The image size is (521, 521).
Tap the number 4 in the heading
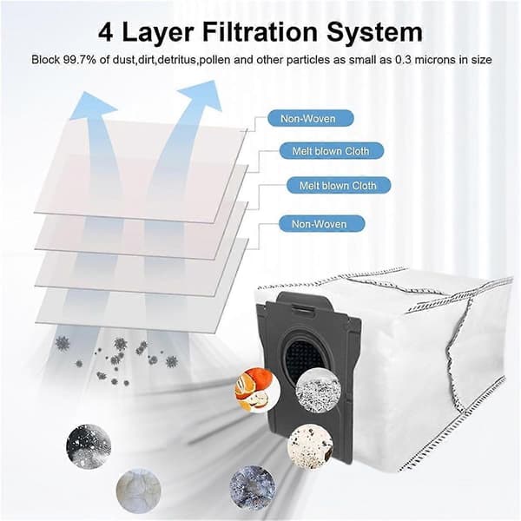pyautogui.click(x=106, y=32)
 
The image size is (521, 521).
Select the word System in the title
pyautogui.click(x=374, y=32)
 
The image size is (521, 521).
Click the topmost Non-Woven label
pyautogui.click(x=311, y=118)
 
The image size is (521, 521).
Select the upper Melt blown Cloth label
pyautogui.click(x=332, y=151)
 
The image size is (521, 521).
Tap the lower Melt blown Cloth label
pyautogui.click(x=339, y=186)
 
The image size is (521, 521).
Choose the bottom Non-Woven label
pyautogui.click(x=321, y=224)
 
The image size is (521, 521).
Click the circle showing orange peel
pyautogui.click(x=253, y=388)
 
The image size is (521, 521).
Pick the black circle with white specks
pyautogui.click(x=89, y=446)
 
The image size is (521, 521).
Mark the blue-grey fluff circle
pyautogui.click(x=252, y=485)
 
